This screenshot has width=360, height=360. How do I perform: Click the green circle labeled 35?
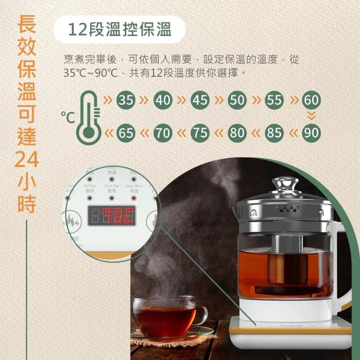126,100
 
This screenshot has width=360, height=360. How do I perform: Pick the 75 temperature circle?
200,133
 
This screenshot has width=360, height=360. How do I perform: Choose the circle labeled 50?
237,100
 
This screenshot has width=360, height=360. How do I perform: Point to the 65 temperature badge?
126,133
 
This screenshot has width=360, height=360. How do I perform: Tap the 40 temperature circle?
163,100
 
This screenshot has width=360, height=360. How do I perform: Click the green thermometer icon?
90,117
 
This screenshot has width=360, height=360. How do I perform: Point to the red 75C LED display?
111,216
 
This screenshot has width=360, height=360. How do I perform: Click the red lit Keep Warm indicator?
133,198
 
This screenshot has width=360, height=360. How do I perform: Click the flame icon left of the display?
72,221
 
